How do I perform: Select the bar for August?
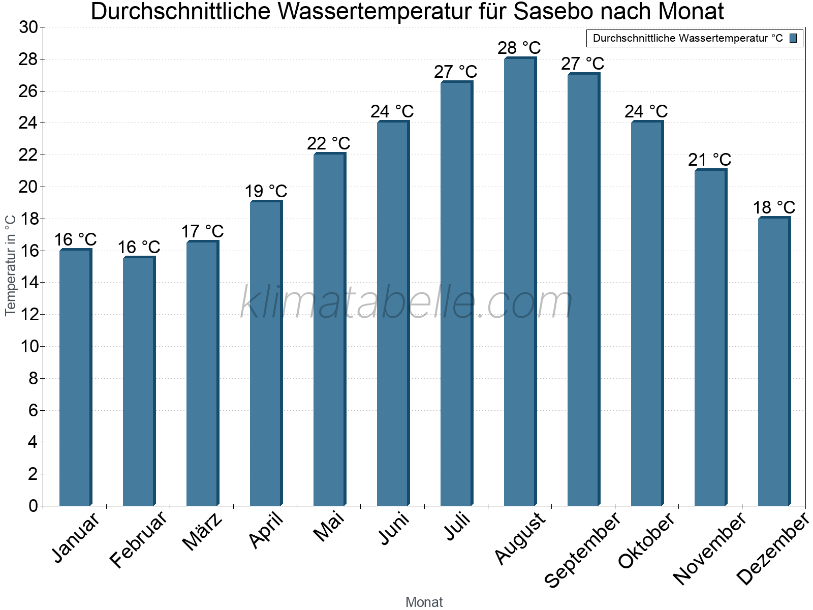click(x=519, y=282)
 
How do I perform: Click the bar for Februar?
click(x=138, y=381)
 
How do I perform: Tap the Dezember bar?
click(x=773, y=361)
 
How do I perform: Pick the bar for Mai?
click(x=329, y=330)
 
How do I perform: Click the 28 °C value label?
click(x=519, y=48)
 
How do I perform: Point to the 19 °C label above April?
click(x=266, y=192)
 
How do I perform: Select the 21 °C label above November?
click(x=709, y=160)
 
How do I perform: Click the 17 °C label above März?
click(x=202, y=232)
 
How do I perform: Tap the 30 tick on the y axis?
click(x=28, y=27)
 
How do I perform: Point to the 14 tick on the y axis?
click(x=28, y=283)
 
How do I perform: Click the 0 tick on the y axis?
click(x=33, y=506)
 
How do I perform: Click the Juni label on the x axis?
click(x=394, y=529)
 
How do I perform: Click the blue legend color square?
click(x=793, y=38)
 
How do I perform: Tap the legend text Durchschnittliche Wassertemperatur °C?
click(x=687, y=38)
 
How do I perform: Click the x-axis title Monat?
click(x=424, y=602)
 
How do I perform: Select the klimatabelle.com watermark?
click(x=407, y=303)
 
